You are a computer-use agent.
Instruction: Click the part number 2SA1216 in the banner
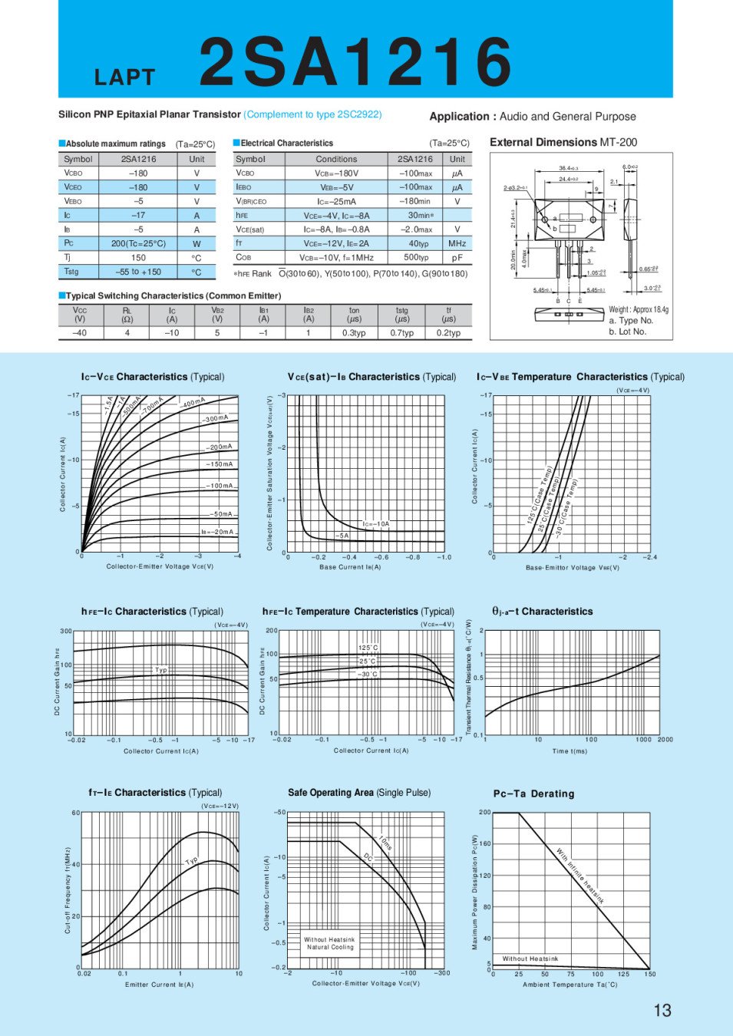(x=355, y=61)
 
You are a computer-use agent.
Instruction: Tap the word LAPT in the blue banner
(x=125, y=78)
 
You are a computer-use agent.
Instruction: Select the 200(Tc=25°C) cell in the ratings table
(x=138, y=243)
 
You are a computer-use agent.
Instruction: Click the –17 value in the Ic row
(x=138, y=216)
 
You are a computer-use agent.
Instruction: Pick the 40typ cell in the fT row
(x=419, y=243)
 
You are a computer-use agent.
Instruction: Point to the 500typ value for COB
(x=416, y=258)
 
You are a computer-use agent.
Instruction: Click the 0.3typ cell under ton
(x=354, y=333)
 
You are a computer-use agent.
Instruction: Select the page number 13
(x=662, y=1010)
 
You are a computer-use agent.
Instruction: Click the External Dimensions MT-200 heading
(x=563, y=142)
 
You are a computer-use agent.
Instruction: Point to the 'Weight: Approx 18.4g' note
(x=639, y=309)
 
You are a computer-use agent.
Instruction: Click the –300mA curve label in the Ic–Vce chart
(x=215, y=418)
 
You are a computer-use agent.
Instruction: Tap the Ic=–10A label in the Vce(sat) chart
(x=376, y=524)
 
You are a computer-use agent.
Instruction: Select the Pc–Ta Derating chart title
(x=533, y=793)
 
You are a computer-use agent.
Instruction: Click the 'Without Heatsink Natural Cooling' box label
(x=329, y=943)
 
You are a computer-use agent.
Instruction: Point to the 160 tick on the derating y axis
(x=485, y=843)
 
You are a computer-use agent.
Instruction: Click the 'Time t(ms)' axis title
(x=570, y=751)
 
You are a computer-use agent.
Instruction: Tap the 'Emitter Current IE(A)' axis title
(x=160, y=985)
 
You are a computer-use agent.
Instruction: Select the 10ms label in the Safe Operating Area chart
(x=385, y=843)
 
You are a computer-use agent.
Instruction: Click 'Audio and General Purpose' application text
(x=567, y=117)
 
